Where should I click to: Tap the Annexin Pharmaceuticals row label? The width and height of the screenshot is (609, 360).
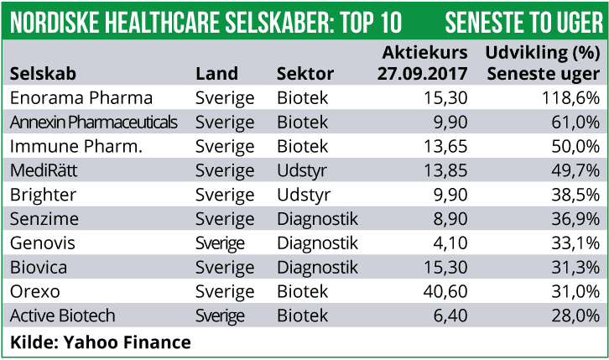pos(94,123)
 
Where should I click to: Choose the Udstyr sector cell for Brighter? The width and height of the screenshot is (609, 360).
pos(304,196)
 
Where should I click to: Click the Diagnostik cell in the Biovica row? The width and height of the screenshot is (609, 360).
pos(317,268)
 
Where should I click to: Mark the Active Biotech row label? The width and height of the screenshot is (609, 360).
pos(63,316)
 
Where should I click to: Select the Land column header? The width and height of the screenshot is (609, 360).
pos(216,73)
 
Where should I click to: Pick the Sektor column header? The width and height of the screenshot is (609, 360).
pos(304,73)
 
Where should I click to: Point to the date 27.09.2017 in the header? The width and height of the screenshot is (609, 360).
pos(423,73)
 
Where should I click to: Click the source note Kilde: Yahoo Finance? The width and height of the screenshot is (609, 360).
pos(101,342)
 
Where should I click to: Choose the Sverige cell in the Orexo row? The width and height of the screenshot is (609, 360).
pos(225,292)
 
